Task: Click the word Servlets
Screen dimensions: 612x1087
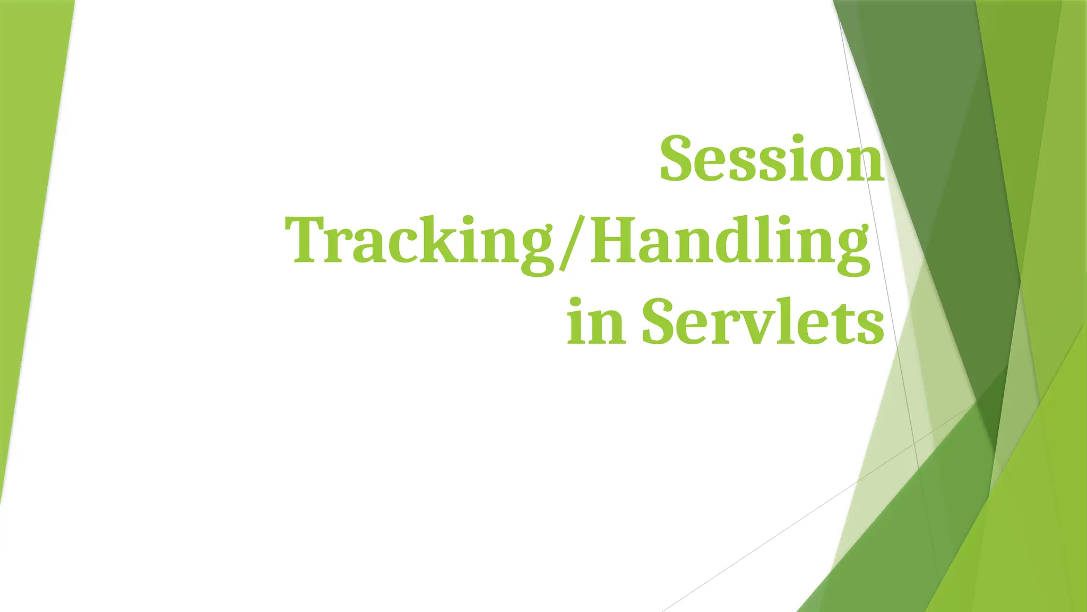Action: pyautogui.click(x=763, y=321)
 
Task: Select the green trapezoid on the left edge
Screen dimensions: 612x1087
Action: pyautogui.click(x=32, y=212)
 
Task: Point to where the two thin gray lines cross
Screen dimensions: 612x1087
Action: pyautogui.click(x=914, y=443)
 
